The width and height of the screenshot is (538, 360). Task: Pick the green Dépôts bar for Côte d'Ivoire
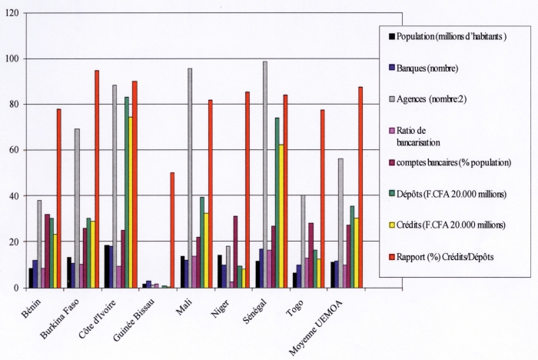point(126,192)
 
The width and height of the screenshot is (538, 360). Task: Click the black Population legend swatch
point(391,36)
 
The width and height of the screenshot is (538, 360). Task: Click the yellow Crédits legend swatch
point(391,225)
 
